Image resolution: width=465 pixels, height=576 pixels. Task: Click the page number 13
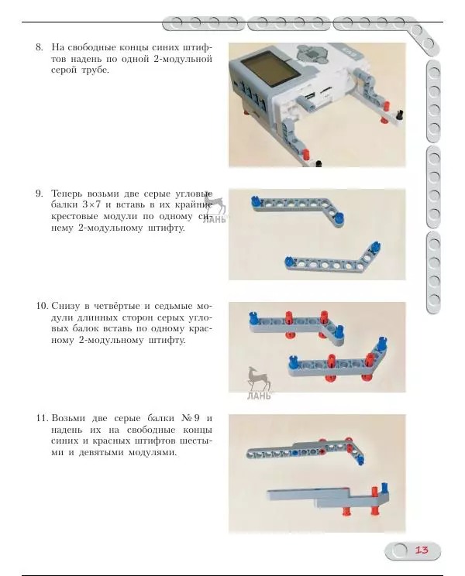(422, 550)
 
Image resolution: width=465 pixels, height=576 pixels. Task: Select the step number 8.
(40, 47)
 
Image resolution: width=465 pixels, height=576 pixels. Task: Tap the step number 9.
(40, 193)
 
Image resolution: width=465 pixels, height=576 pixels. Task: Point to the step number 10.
(42, 307)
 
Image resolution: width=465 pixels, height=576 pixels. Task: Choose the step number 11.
(42, 419)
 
